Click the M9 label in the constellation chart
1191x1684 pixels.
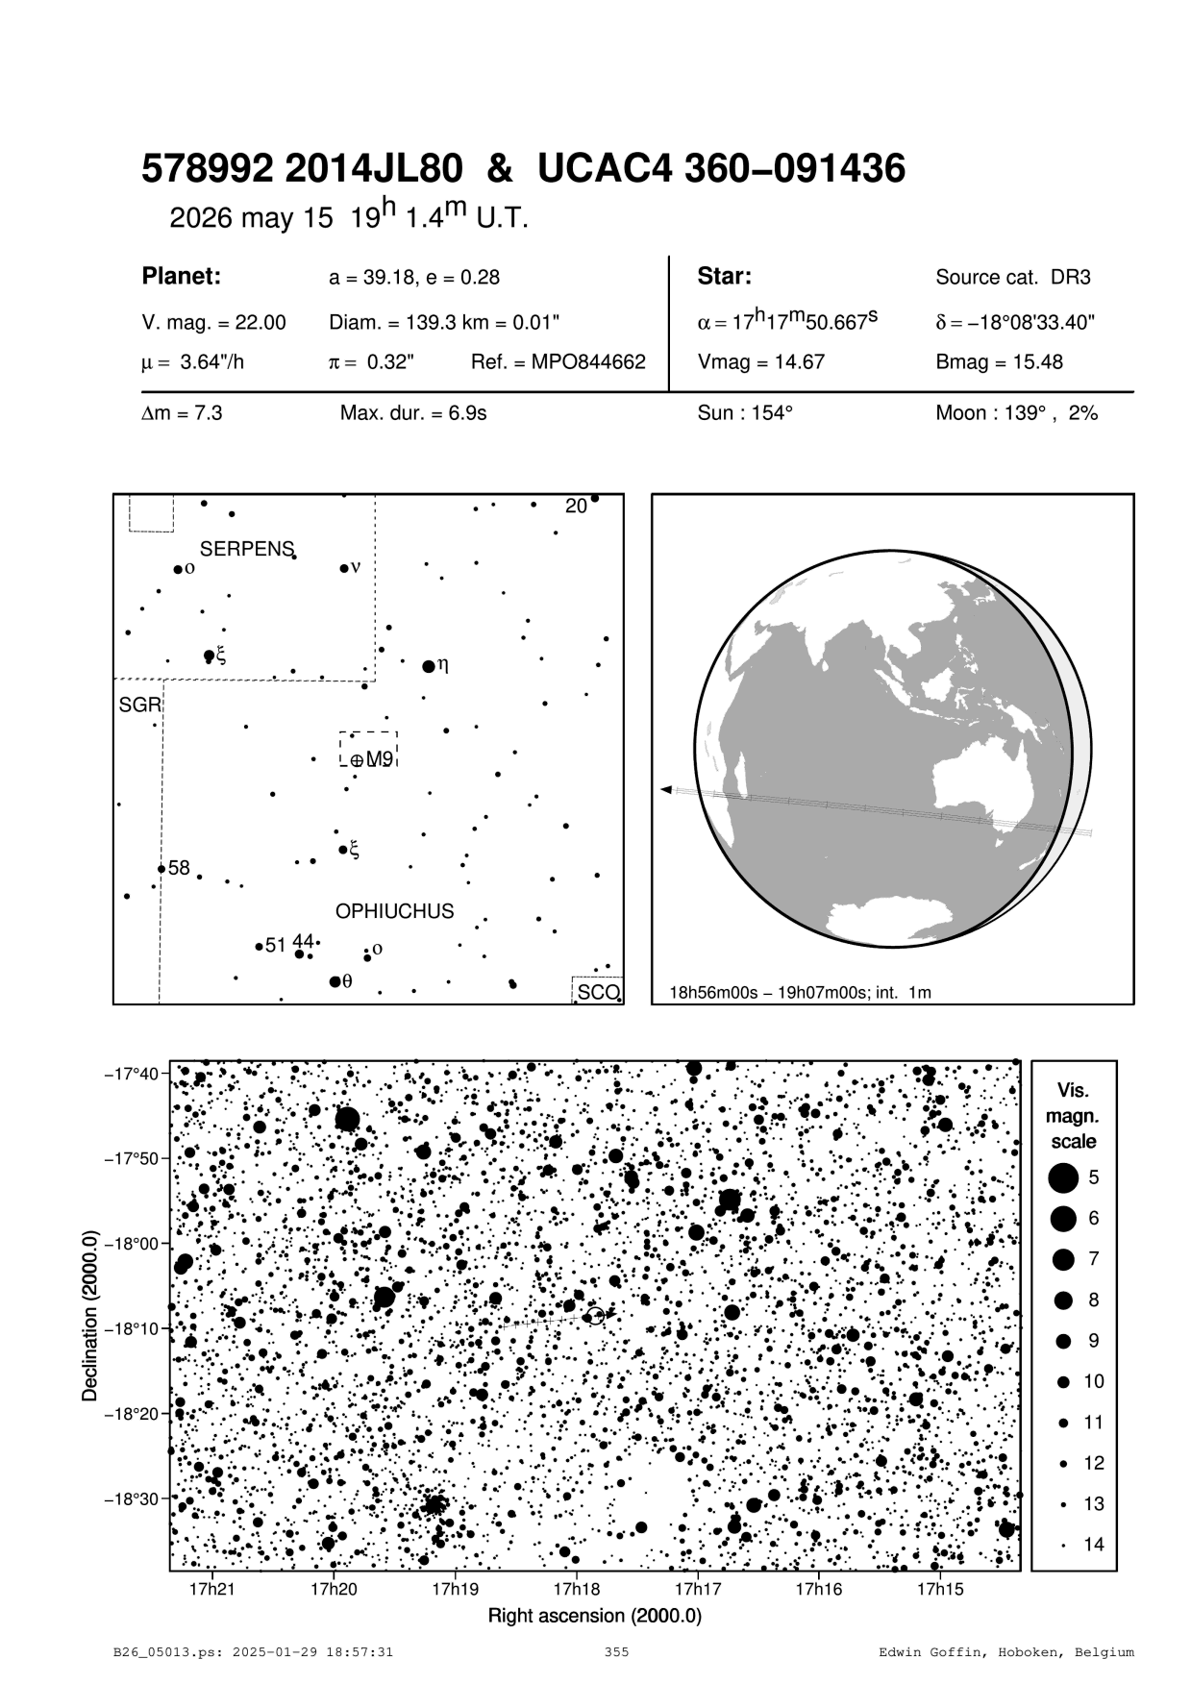(380, 759)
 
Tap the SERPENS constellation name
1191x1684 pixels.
(246, 549)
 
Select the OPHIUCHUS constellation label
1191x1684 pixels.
(394, 911)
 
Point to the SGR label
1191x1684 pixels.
(138, 706)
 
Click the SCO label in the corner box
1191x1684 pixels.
(597, 992)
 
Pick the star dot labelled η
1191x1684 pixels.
(429, 666)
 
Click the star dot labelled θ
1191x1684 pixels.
(335, 981)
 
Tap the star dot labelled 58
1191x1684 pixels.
(161, 869)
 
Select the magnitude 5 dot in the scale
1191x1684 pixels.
(1063, 1176)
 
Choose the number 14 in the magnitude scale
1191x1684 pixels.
(1094, 1545)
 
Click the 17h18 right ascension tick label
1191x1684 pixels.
(576, 1589)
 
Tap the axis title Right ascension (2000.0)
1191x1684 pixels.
(595, 1616)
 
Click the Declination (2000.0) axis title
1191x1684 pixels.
(90, 1316)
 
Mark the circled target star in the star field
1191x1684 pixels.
(595, 1316)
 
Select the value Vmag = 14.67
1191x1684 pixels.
(760, 362)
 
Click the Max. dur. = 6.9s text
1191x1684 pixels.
(413, 413)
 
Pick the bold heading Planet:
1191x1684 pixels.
(182, 277)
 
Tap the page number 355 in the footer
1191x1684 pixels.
(616, 1652)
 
